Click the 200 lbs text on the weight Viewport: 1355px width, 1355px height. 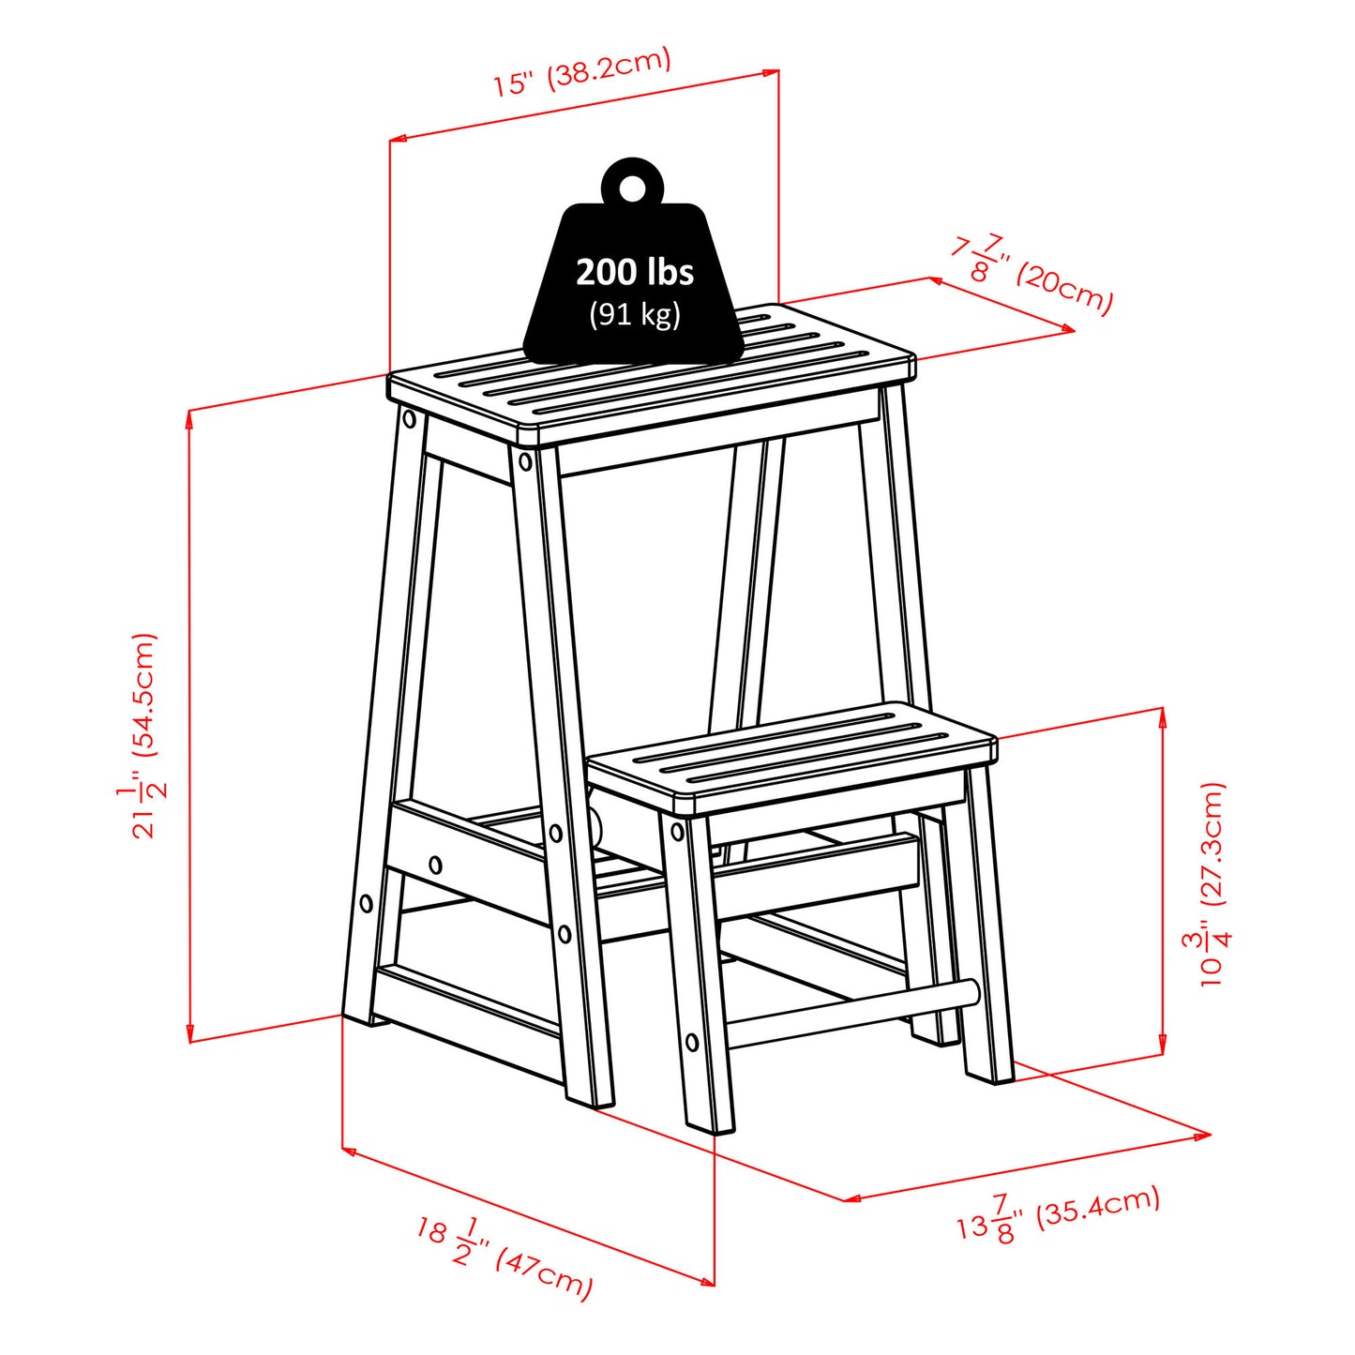pyautogui.click(x=635, y=272)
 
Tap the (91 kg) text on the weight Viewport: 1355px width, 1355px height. pyautogui.click(x=635, y=314)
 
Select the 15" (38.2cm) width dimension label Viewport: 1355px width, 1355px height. pyautogui.click(x=582, y=71)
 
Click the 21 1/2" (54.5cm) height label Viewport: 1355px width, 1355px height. pyautogui.click(x=142, y=735)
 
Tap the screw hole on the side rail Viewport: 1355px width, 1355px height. pyautogui.click(x=435, y=865)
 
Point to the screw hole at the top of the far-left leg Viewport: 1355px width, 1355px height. pyautogui.click(x=409, y=420)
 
